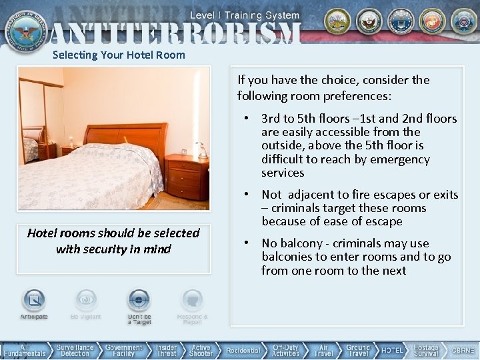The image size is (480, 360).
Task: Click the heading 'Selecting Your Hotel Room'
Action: [119, 55]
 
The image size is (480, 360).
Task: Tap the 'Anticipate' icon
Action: [34, 301]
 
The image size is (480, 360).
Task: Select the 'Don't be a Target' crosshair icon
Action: [139, 301]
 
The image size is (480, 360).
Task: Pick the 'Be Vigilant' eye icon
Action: [86, 301]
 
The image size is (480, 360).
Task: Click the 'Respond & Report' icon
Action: [192, 301]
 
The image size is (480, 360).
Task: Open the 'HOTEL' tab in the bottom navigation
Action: [393, 350]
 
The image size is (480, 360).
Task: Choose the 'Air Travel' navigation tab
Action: [323, 350]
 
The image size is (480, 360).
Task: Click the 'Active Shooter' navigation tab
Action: [201, 350]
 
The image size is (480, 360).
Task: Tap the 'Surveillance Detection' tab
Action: [75, 350]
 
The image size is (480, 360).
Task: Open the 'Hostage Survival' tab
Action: [426, 350]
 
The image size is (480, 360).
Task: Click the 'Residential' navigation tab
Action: [243, 350]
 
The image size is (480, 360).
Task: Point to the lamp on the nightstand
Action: [199, 150]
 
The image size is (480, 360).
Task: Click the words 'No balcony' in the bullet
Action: [289, 243]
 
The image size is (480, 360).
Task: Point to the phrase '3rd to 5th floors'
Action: [303, 119]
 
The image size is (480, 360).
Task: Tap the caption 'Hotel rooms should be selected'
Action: [113, 233]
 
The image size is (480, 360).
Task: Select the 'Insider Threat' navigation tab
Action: [167, 350]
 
